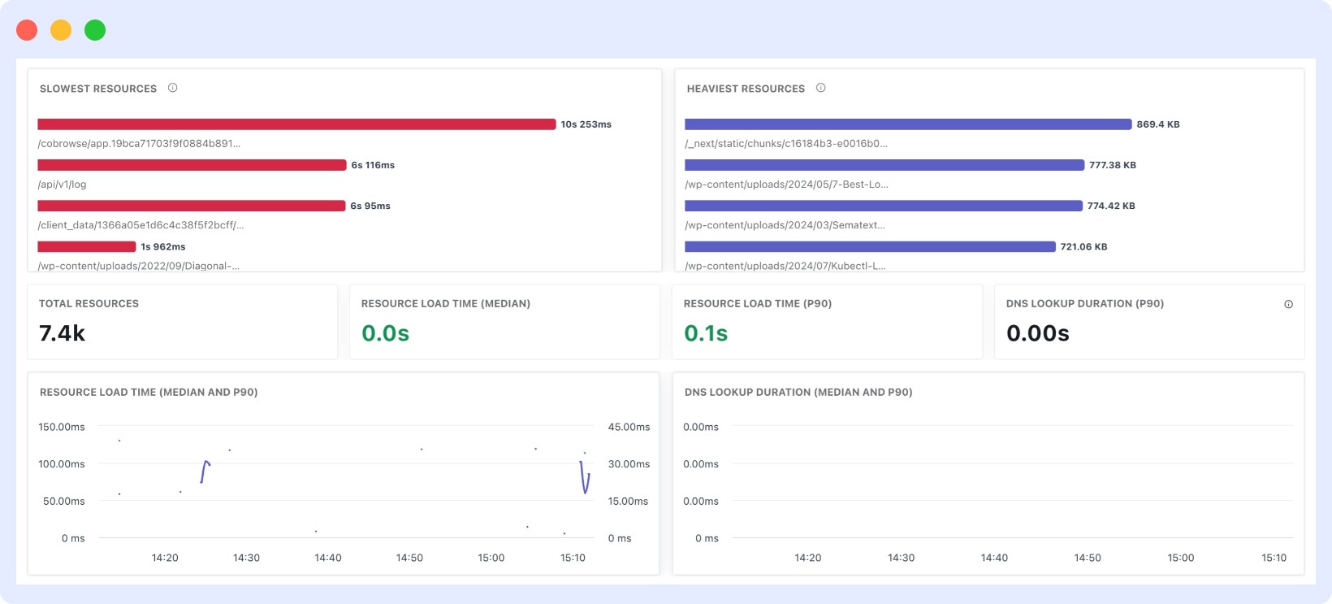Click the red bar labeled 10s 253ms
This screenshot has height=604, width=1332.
click(296, 124)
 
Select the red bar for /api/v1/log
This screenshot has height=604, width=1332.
click(192, 165)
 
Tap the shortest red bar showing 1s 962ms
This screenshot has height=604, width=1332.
click(87, 246)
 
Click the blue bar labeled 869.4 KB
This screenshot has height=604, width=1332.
click(908, 124)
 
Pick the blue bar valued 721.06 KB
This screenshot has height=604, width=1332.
click(870, 246)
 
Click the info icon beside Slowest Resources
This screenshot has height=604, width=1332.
click(172, 88)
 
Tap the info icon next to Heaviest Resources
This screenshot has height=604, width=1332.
click(820, 88)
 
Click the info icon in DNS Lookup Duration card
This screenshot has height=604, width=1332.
click(1288, 304)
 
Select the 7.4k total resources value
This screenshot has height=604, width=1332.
click(63, 333)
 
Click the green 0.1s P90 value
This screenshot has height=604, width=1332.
click(706, 333)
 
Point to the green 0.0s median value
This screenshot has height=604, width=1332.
click(385, 333)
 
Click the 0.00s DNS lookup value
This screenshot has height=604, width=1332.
click(1037, 333)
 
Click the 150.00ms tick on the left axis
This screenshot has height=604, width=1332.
click(62, 427)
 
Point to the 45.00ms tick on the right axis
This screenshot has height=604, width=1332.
click(629, 427)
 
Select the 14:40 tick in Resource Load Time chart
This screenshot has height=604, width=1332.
click(328, 558)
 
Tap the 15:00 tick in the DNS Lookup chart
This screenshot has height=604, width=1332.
click(1180, 558)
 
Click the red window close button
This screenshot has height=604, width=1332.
click(27, 30)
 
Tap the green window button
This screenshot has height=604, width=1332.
click(95, 30)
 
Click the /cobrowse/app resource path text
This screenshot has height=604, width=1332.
click(139, 144)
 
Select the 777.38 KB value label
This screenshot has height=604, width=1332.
click(1112, 165)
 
